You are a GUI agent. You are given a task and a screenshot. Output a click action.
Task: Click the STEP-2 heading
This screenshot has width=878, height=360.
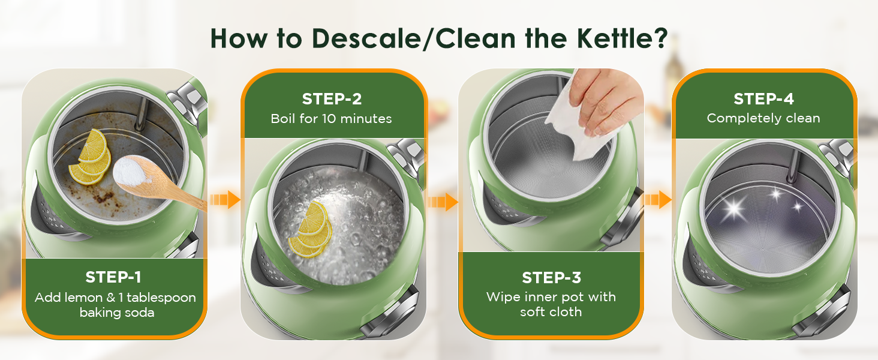point(331,99)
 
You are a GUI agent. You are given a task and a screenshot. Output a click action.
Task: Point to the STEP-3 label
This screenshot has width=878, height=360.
point(551,278)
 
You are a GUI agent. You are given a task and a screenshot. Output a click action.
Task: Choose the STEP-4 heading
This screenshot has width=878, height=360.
point(763,99)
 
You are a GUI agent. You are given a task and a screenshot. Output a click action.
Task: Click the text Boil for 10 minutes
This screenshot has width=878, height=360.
point(331,118)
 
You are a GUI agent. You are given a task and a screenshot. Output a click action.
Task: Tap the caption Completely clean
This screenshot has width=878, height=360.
point(763,118)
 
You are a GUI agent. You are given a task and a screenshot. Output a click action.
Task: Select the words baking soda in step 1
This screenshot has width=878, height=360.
point(117,313)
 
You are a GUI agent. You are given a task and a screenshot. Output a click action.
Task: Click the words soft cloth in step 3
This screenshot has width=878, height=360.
point(551,312)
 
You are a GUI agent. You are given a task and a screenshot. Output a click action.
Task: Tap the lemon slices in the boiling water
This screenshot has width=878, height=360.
point(311,231)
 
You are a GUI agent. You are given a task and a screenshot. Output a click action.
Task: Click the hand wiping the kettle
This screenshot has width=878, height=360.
point(606,99)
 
